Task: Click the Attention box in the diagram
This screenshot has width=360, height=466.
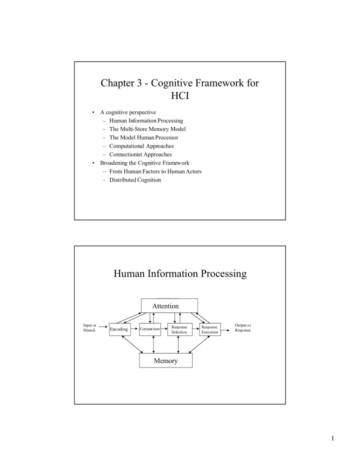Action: [169, 305]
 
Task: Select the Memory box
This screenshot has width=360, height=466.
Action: [166, 360]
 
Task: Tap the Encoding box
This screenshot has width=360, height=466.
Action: [120, 329]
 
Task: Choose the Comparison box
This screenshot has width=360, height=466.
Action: [150, 329]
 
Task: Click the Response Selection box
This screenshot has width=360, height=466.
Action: [180, 329]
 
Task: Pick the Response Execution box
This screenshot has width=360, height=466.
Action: [210, 329]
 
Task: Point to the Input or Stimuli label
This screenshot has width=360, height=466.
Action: [89, 327]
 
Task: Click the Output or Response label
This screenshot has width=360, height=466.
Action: [243, 327]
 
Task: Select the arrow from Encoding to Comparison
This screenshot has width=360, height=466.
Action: [134, 328]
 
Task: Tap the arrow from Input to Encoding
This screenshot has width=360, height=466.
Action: [103, 326]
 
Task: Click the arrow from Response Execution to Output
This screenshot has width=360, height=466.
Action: [225, 330]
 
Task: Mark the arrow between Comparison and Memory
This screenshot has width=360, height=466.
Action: [153, 344]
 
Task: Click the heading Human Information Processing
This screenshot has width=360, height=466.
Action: [180, 273]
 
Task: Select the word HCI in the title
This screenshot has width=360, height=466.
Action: [180, 95]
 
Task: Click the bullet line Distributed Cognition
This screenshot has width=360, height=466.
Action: [135, 180]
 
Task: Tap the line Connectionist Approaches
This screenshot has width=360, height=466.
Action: [140, 154]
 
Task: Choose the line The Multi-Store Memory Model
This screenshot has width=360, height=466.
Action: [147, 129]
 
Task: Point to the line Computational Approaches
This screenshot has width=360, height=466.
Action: [141, 146]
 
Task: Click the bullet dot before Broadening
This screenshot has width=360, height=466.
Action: [93, 163]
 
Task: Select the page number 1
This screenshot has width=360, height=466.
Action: [332, 438]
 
